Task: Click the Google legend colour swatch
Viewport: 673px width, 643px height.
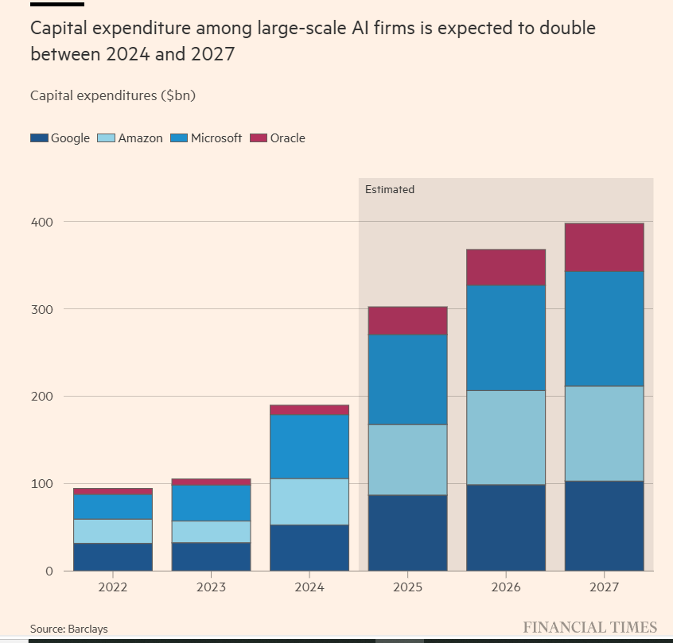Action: (39, 138)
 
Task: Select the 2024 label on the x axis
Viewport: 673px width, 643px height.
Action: (309, 589)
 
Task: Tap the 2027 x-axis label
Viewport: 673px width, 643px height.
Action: (604, 589)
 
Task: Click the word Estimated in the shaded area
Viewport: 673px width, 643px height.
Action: (390, 190)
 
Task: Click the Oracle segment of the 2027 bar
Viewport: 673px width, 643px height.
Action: (604, 247)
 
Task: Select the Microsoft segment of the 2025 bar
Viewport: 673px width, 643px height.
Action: (407, 379)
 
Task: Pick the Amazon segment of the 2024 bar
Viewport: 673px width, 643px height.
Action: (309, 502)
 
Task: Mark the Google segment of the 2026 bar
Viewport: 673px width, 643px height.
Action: (506, 528)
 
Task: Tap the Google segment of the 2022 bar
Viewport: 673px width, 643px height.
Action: (113, 557)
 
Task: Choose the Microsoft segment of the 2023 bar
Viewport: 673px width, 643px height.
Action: (211, 503)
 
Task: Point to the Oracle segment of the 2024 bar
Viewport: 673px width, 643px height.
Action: (309, 410)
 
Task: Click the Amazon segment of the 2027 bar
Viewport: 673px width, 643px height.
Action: (604, 434)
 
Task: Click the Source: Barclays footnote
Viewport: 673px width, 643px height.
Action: (69, 629)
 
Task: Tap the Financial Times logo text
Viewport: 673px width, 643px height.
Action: (589, 627)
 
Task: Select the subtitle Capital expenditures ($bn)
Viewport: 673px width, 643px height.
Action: (112, 95)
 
